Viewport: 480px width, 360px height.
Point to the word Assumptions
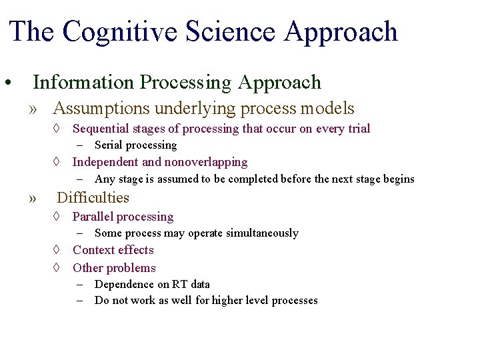click(x=102, y=108)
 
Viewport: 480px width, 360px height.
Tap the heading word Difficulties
click(x=93, y=198)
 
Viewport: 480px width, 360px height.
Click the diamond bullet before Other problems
click(x=57, y=268)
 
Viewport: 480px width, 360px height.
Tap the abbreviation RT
click(x=179, y=285)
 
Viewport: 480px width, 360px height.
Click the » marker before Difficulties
click(x=33, y=199)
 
